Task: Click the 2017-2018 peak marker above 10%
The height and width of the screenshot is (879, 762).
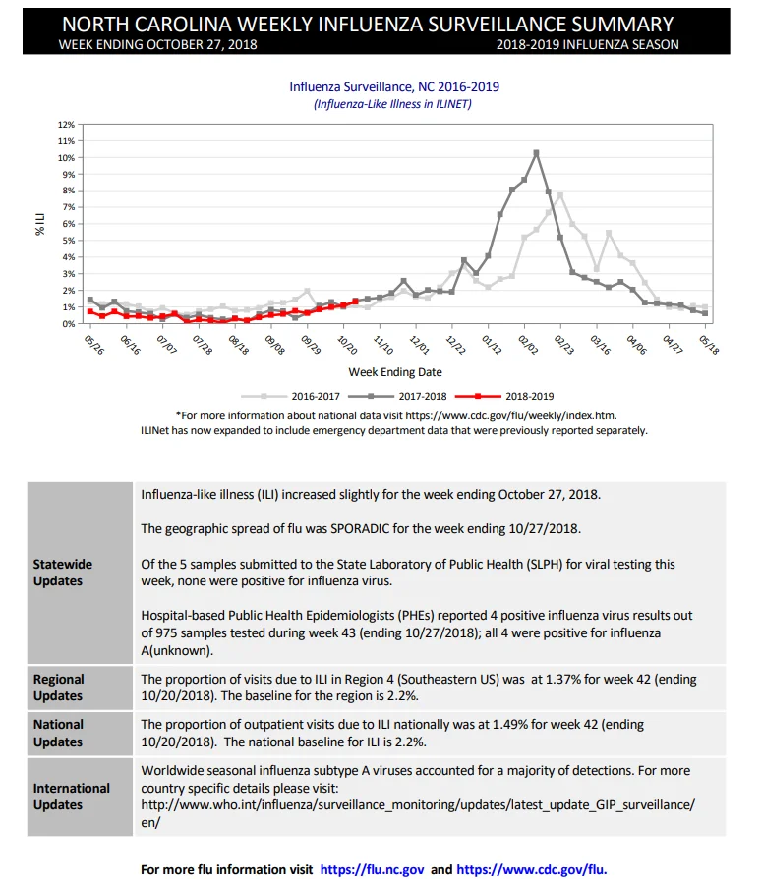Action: [537, 152]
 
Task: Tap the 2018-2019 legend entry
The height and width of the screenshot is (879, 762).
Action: [504, 397]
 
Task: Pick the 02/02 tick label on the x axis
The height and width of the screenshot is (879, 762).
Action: [528, 345]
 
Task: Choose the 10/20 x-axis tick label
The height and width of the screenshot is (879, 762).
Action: [347, 345]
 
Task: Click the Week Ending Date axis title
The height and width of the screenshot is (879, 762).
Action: [395, 372]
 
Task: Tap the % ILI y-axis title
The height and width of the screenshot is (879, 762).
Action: [40, 224]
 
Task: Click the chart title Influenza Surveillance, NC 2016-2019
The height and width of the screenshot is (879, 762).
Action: [394, 86]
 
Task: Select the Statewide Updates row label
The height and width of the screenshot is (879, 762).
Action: [62, 573]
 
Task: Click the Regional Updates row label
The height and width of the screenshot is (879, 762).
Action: [58, 687]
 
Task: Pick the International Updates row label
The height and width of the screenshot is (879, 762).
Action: [71, 797]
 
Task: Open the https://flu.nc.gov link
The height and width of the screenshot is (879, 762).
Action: [372, 869]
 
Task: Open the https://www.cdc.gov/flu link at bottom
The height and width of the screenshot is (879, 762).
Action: [531, 869]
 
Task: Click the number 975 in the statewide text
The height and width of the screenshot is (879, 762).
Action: [166, 632]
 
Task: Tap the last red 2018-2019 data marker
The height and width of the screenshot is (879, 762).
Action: [355, 302]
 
